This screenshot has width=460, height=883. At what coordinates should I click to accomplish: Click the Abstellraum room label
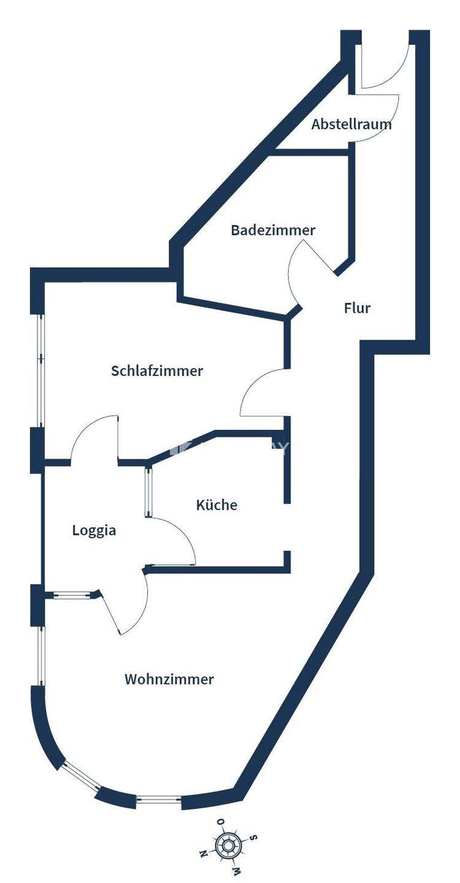click(x=351, y=124)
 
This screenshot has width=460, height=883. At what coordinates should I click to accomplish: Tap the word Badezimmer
click(x=273, y=230)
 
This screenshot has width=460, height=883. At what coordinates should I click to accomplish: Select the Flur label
click(x=357, y=308)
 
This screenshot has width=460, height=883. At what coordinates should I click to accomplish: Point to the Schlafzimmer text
click(x=157, y=371)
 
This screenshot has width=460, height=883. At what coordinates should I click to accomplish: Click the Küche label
click(x=217, y=505)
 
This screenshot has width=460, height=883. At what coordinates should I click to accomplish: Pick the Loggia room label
click(x=94, y=530)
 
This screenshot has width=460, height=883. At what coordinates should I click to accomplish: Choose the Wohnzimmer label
click(x=169, y=679)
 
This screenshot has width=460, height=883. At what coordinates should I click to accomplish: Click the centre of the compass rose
click(x=228, y=847)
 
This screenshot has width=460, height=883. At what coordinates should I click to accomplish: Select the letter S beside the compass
click(x=253, y=838)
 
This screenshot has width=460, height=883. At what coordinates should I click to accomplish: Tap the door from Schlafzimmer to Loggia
click(x=95, y=438)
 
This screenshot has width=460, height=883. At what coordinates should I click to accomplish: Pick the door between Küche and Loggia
click(x=175, y=540)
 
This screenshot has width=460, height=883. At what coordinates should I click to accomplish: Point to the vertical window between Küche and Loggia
click(x=148, y=492)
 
